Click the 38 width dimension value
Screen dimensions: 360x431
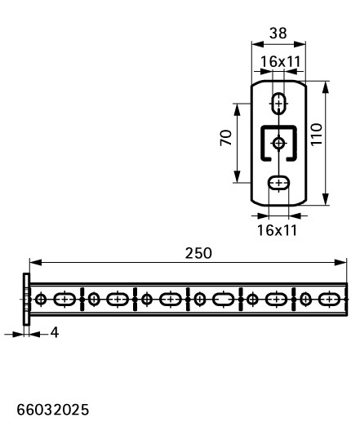tap(278, 33)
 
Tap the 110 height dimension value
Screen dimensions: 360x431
tap(316, 135)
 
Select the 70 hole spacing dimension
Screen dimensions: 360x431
tap(226, 138)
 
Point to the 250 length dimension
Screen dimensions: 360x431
tap(198, 253)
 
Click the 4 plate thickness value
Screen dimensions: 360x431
tap(55, 333)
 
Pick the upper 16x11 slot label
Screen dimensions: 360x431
tap(280, 61)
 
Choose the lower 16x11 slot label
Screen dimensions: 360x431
tap(277, 230)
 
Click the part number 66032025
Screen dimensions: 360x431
tap(53, 410)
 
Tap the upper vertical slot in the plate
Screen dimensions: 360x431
tap(279, 104)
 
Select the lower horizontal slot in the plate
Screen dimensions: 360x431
tap(279, 183)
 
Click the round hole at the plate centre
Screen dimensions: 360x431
tap(279, 143)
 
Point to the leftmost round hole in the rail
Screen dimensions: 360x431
tap(41, 299)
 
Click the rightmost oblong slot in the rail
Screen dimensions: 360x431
tap(330, 299)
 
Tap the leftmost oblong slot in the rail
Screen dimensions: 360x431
tap(64, 299)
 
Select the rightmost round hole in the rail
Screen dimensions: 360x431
tap(305, 299)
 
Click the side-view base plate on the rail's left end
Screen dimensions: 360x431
tap(26, 299)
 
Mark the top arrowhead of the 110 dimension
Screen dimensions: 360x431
tap(326, 87)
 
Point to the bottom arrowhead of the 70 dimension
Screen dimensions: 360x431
tap(238, 176)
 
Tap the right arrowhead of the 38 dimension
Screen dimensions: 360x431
tap(300, 44)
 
